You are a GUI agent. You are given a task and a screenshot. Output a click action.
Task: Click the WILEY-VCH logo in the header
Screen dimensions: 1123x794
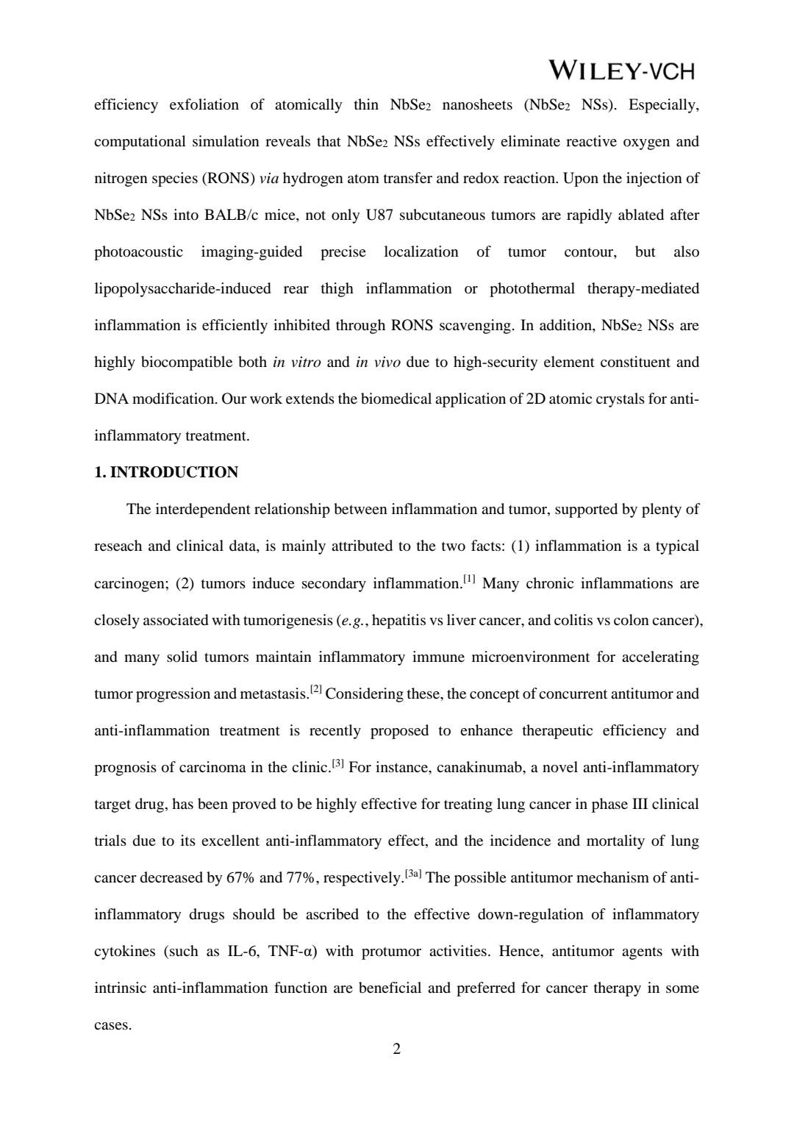coord(621,71)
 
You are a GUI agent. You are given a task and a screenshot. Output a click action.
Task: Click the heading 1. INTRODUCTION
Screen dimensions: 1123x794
coord(166,472)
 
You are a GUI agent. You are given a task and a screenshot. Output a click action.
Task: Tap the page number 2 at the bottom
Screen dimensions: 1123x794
coord(397,1049)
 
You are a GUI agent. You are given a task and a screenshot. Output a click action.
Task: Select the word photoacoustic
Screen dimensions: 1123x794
coord(138,252)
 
